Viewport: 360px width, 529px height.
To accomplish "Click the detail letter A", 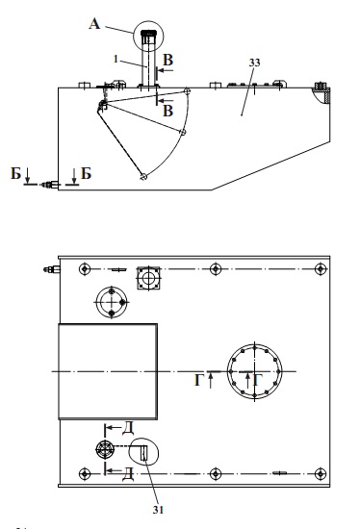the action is (x=95, y=24).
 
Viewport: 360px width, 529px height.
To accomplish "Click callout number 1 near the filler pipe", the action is (x=116, y=59).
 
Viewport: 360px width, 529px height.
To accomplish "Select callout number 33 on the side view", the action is (x=255, y=63).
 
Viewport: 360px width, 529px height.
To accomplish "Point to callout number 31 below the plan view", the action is (x=158, y=510).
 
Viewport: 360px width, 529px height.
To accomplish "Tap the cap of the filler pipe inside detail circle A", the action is (x=148, y=34).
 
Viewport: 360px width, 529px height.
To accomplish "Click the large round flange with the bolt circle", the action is (x=254, y=371).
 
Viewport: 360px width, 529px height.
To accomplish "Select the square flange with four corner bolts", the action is (x=148, y=278).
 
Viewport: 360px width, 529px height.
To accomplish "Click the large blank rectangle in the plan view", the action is (x=108, y=371).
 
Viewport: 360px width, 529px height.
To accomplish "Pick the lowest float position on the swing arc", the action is (x=143, y=176).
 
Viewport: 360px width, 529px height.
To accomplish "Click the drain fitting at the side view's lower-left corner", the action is (x=50, y=185).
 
